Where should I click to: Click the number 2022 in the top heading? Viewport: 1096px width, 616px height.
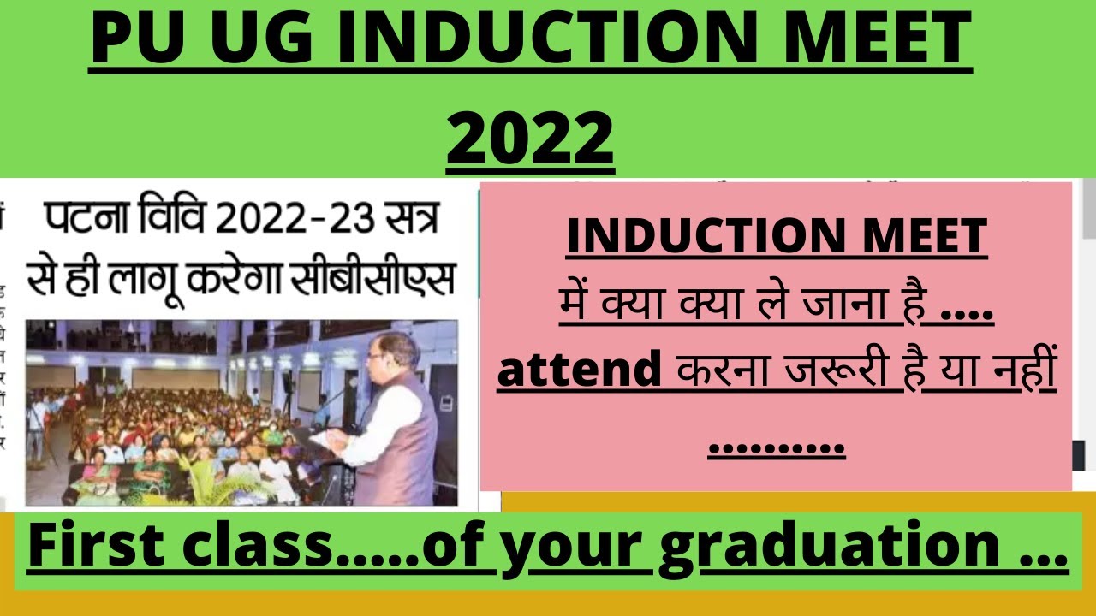[530, 136]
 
